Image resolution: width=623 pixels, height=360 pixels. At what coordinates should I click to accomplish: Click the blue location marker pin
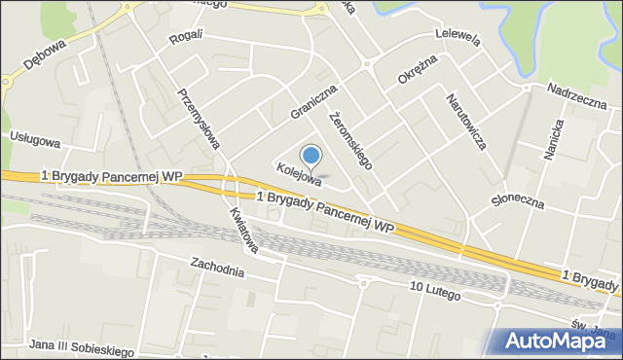pyautogui.click(x=311, y=156)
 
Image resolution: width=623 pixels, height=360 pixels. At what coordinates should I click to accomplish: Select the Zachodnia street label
pyautogui.click(x=216, y=266)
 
